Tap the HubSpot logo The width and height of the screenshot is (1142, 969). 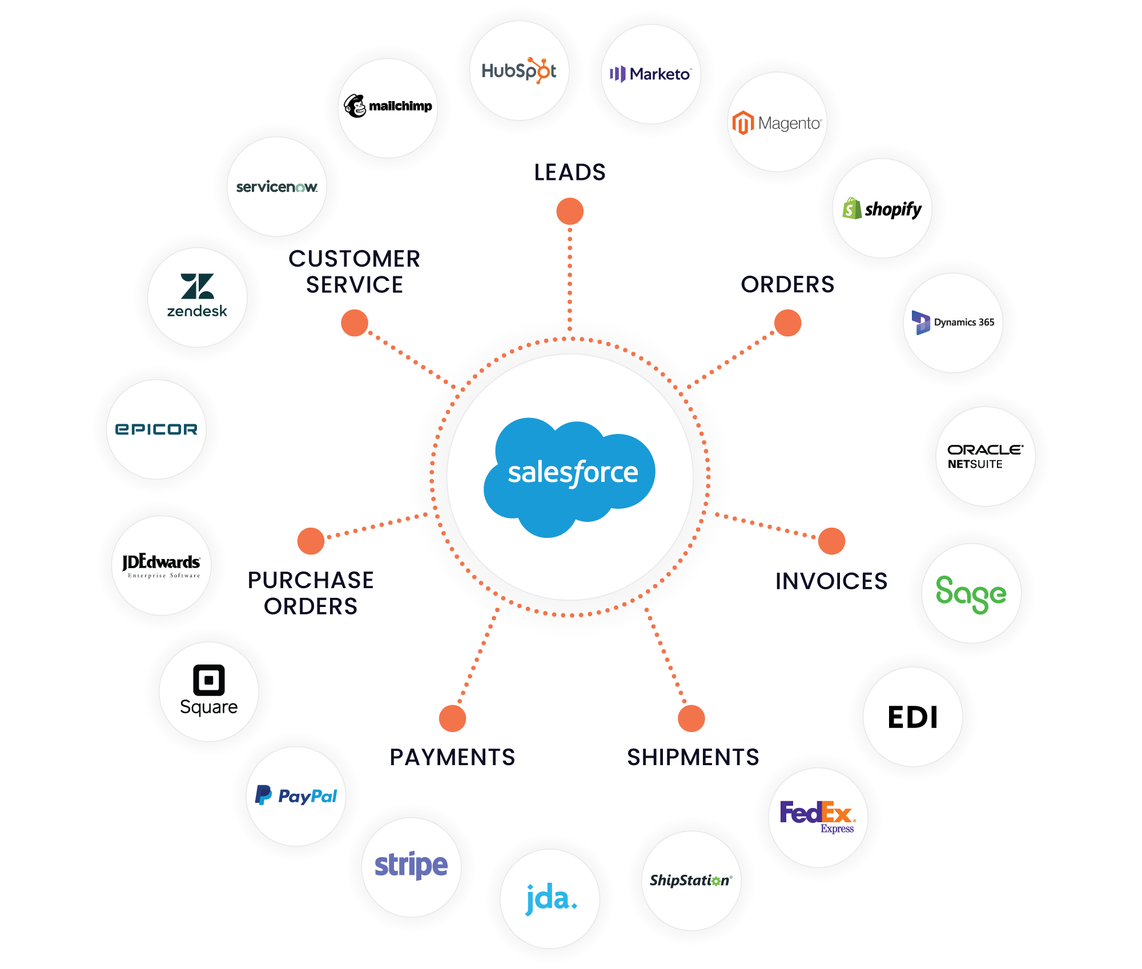click(519, 71)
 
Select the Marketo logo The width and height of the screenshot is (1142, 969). click(650, 74)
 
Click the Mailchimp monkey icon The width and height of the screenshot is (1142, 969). click(355, 106)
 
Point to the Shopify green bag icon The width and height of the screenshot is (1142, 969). click(852, 208)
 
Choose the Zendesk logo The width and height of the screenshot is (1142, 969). click(197, 295)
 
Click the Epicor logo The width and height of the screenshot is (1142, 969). click(156, 429)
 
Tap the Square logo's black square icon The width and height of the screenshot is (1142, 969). click(209, 680)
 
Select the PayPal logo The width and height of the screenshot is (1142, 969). click(296, 795)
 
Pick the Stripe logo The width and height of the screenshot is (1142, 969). click(411, 866)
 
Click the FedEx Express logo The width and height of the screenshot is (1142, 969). click(818, 817)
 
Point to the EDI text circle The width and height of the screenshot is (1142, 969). click(912, 717)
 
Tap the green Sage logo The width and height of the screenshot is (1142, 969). click(971, 594)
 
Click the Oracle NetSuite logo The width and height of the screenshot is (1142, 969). click(985, 457)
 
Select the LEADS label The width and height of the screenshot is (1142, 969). click(570, 172)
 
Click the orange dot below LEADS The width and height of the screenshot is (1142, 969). click(570, 211)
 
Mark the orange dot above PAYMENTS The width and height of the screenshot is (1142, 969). click(452, 718)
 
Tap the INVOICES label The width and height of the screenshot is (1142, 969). click(831, 581)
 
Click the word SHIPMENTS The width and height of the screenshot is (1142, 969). click(693, 757)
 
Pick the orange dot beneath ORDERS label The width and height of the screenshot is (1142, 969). click(788, 323)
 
